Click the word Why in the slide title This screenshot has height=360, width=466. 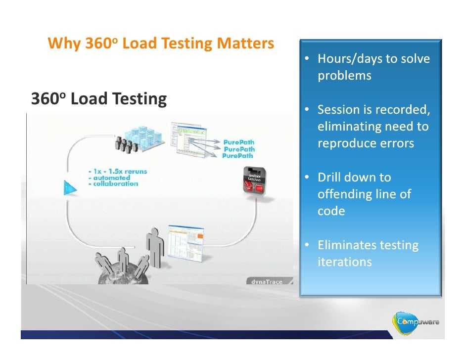[63, 45]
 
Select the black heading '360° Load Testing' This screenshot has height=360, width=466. [99, 99]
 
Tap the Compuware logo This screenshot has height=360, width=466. [417, 322]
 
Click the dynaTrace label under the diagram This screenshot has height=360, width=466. [267, 281]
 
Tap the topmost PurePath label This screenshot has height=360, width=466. [239, 142]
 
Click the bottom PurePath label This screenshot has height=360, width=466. [238, 156]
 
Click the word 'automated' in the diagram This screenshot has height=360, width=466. [109, 178]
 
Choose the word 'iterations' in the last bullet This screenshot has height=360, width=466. [344, 262]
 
